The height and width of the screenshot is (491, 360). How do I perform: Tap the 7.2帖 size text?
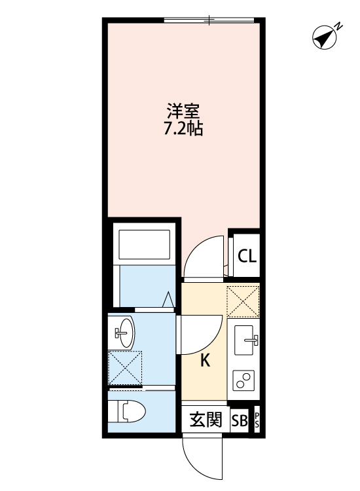click(183, 128)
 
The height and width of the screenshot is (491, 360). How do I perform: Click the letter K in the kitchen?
click(204, 361)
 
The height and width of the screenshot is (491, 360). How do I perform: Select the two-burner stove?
click(244, 380)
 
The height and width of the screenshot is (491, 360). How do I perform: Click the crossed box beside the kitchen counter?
click(243, 301)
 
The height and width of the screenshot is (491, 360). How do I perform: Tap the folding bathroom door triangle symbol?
click(168, 299)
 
